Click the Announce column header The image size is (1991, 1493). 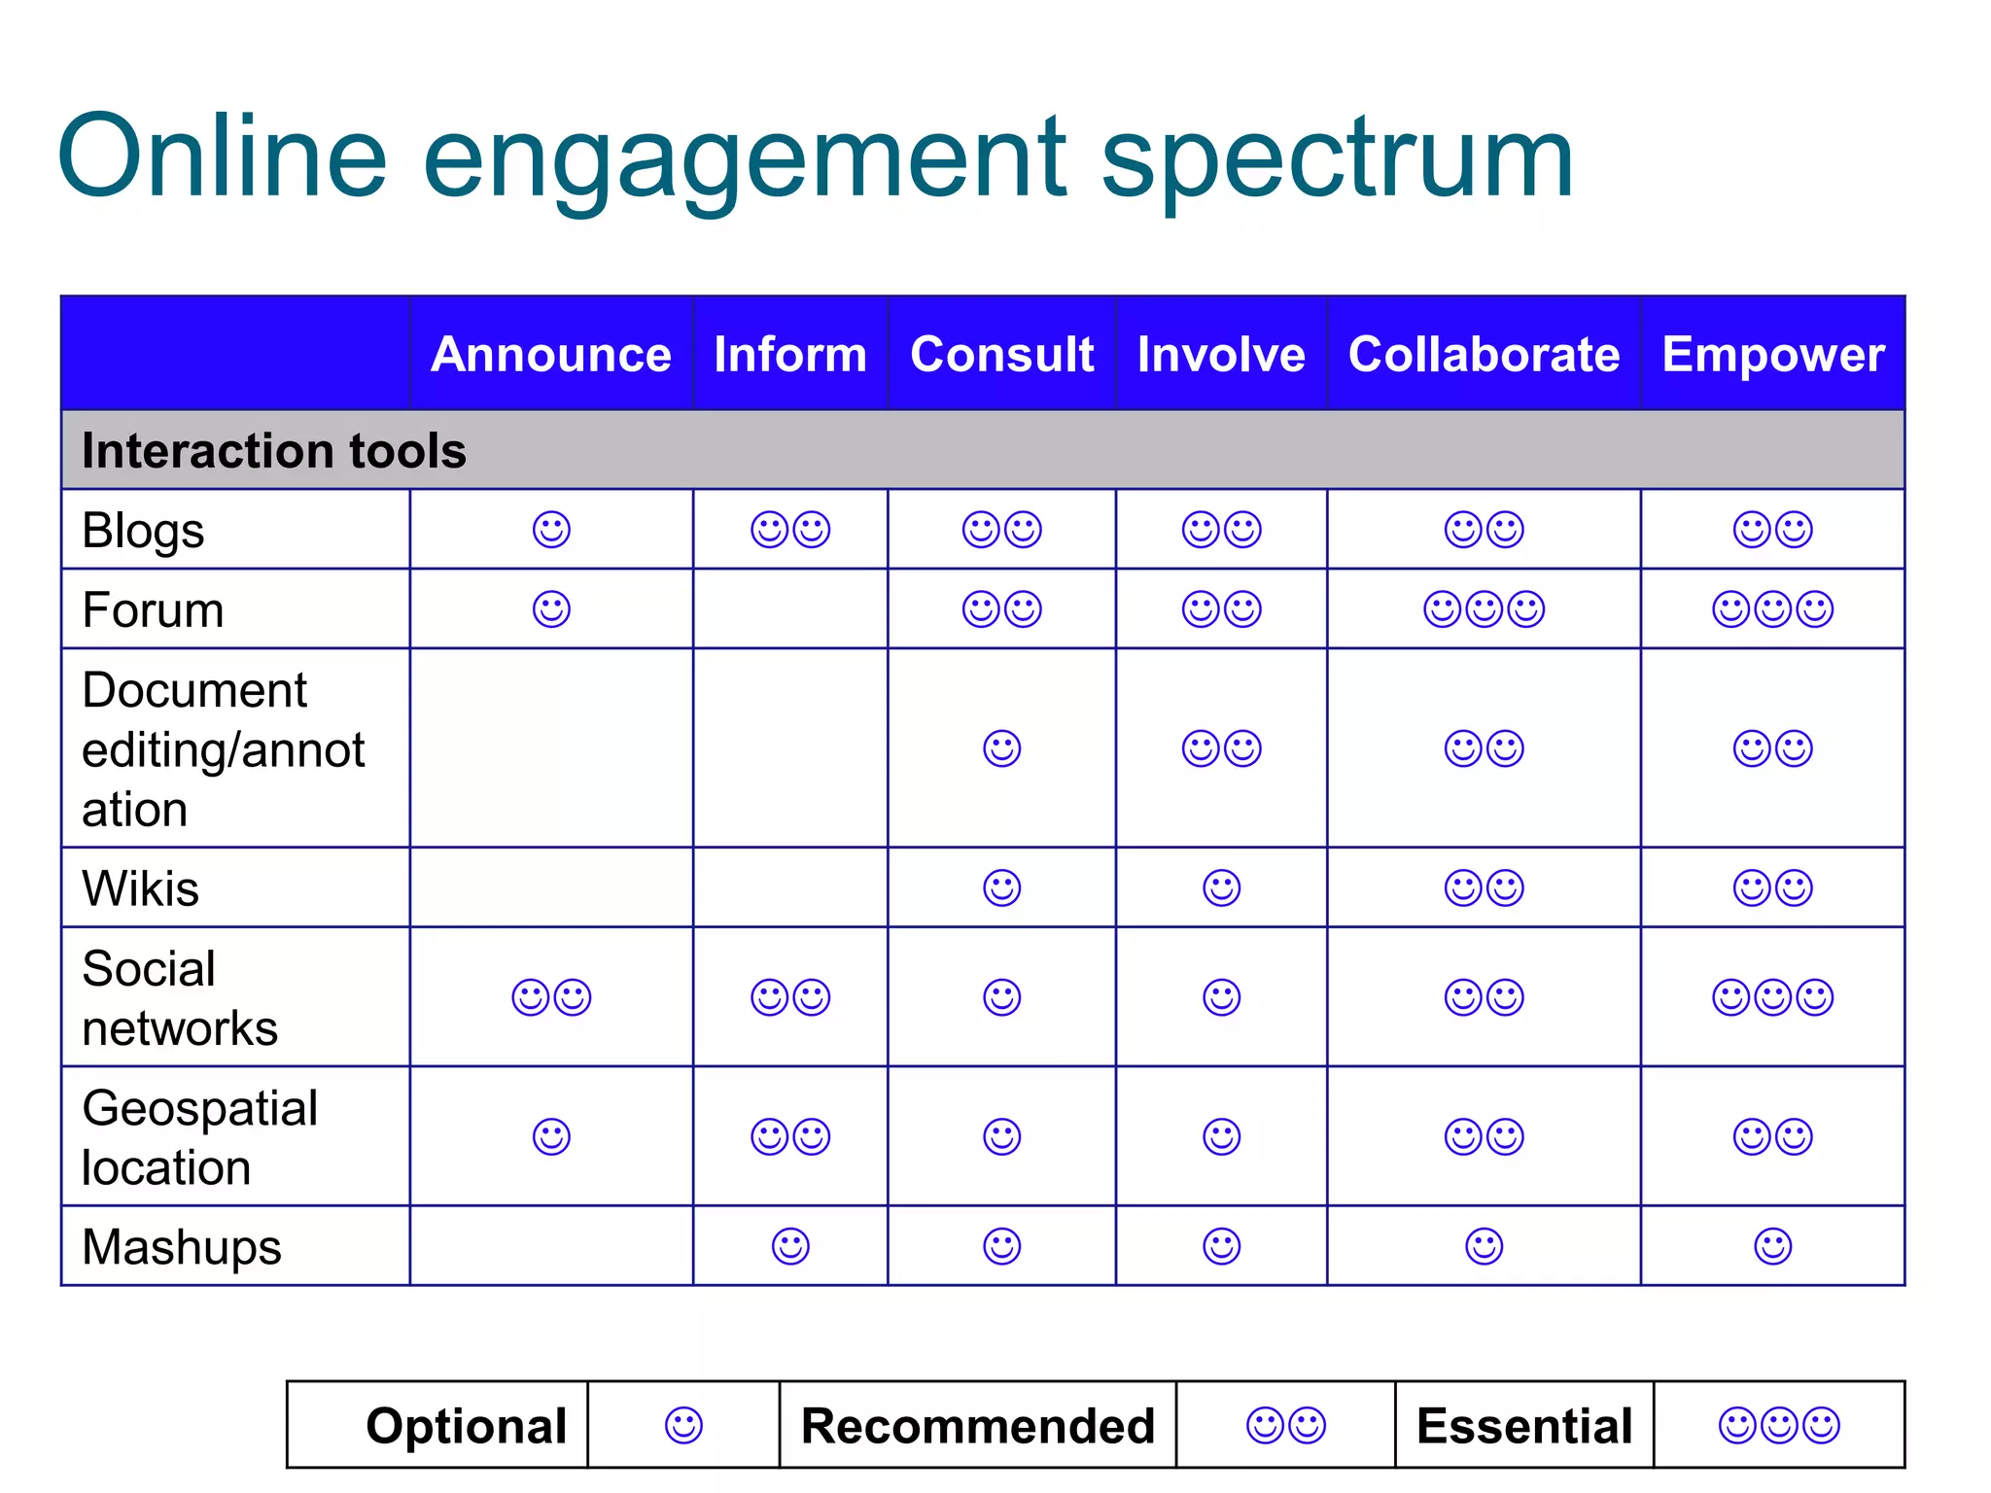coord(550,354)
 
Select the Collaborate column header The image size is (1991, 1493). coord(1484,354)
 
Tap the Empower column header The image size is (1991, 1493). coord(1772,354)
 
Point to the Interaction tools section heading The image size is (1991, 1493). coord(273,450)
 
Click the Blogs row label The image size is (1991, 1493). coord(143,531)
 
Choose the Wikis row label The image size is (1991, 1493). coord(140,888)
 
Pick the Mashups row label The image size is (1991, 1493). coord(181,1247)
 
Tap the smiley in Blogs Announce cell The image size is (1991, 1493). coord(551,530)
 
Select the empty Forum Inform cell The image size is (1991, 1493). coord(789,609)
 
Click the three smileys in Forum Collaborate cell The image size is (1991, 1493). coord(1484,609)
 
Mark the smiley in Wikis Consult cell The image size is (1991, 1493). coord(1001,888)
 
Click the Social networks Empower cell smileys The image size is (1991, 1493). coord(1772,997)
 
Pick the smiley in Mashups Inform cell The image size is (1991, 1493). coord(789,1246)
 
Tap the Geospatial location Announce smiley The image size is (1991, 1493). coord(551,1136)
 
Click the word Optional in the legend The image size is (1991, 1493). coord(466,1426)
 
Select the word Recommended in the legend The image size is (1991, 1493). coord(977,1426)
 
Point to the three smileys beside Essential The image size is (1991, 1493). coord(1779,1426)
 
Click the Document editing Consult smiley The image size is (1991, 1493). coord(1001,748)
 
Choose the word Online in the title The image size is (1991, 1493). coord(223,158)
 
